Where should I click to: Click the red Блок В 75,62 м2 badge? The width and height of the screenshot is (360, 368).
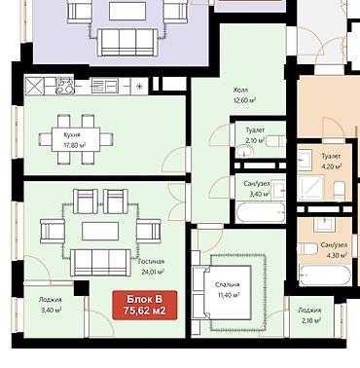click(145, 305)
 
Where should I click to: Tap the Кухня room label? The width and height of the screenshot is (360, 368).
click(72, 134)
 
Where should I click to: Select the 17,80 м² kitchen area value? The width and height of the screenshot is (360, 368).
click(75, 145)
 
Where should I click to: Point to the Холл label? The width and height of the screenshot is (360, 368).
click(240, 90)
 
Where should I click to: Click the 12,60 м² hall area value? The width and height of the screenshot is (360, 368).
click(244, 100)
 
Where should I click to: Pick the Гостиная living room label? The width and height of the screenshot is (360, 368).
click(151, 262)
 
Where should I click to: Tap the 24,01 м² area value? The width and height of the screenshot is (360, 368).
click(153, 272)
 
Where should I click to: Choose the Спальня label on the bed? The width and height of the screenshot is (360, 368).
click(228, 284)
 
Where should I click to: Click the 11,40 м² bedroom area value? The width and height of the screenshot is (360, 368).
click(229, 295)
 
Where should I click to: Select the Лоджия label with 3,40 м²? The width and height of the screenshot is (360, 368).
click(50, 300)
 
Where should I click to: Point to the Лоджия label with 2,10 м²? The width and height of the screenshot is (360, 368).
click(309, 311)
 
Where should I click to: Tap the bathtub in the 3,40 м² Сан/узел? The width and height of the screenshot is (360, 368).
click(261, 212)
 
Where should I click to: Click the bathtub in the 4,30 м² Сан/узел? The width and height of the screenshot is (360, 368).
click(325, 276)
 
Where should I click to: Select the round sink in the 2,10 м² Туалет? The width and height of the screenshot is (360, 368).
click(244, 151)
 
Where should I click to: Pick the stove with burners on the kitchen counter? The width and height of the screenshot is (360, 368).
click(65, 86)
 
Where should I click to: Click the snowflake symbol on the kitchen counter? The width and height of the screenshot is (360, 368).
click(139, 87)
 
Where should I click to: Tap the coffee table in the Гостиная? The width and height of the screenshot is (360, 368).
click(100, 231)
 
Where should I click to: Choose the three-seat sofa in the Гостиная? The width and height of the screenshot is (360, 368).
click(100, 262)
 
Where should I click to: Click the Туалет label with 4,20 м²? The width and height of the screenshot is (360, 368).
click(331, 157)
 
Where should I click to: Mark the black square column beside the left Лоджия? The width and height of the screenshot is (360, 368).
click(82, 288)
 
